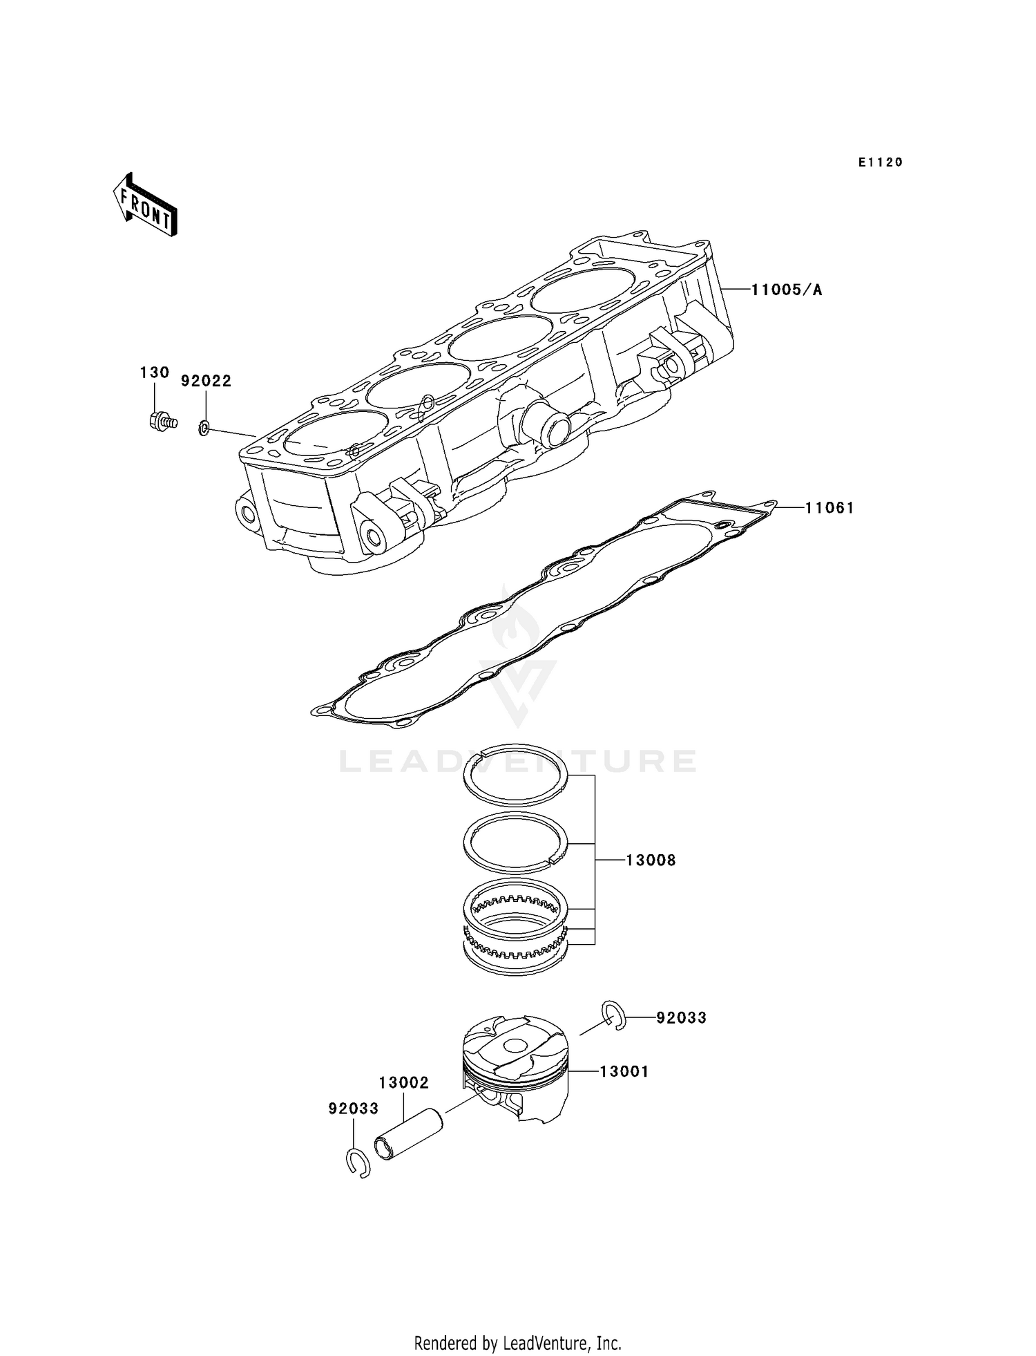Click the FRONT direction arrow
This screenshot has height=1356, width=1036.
[x=145, y=205]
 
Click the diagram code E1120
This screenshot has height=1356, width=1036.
[x=881, y=162]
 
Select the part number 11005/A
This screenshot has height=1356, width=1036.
[x=787, y=290]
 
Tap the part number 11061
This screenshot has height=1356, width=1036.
[x=829, y=508]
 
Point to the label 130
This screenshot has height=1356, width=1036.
[x=155, y=373]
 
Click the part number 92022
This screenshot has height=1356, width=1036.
[x=206, y=381]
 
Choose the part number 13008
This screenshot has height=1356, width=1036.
[x=651, y=860]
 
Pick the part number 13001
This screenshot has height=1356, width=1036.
[x=624, y=1072]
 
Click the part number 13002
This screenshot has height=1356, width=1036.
[x=404, y=1083]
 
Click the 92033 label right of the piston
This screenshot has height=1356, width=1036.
[x=681, y=1018]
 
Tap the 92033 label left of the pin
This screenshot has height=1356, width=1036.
[x=354, y=1109]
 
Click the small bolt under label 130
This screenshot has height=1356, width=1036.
[x=162, y=420]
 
